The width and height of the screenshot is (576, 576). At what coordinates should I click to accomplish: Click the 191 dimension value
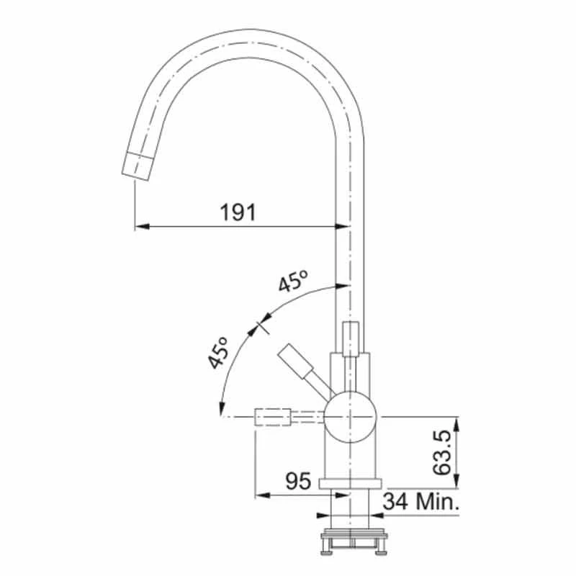tap(238, 212)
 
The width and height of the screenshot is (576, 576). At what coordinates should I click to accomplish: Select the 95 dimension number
tap(297, 480)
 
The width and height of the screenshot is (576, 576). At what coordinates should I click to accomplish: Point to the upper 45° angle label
tap(294, 282)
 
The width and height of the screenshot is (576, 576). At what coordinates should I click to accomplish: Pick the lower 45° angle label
tap(219, 353)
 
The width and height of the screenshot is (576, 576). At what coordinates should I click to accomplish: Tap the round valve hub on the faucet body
tap(350, 416)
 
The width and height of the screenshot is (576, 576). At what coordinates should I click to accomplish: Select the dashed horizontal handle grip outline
tap(273, 416)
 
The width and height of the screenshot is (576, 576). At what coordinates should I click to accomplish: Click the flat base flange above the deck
tap(350, 484)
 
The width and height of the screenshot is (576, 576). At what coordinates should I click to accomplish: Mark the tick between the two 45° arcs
tap(261, 325)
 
